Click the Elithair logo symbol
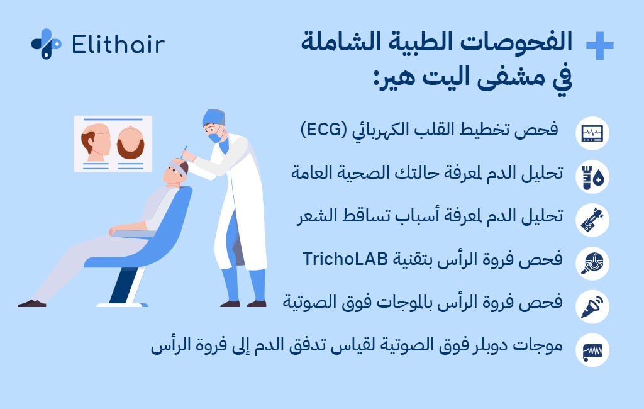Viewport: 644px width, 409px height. [46, 44]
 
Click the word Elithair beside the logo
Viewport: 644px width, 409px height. [118, 45]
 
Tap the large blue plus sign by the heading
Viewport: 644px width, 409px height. [599, 46]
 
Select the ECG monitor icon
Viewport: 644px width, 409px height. [592, 133]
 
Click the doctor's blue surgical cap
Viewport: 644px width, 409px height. [214, 117]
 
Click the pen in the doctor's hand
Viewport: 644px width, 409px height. [184, 151]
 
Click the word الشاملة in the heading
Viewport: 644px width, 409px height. [347, 44]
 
